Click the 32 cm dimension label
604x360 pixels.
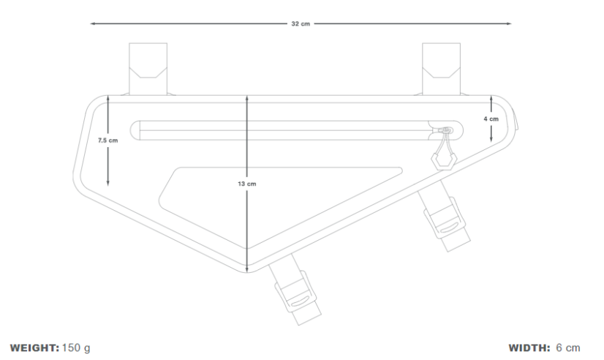[x=301, y=24]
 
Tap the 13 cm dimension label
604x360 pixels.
[x=247, y=184]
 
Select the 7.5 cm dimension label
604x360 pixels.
[x=108, y=140]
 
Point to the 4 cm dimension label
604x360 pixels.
[x=491, y=119]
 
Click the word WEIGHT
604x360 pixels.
[x=34, y=348]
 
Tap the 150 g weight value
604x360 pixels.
[x=76, y=348]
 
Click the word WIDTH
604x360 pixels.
[x=529, y=348]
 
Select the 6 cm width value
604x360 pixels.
[x=568, y=348]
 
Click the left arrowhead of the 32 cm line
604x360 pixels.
[x=92, y=23]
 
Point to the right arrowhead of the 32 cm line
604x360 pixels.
[x=509, y=23]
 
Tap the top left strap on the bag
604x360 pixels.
[x=148, y=69]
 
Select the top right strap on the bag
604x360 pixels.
[x=442, y=69]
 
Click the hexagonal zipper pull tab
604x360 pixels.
[x=444, y=161]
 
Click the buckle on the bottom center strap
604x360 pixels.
[x=296, y=293]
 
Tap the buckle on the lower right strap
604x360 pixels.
[x=445, y=219]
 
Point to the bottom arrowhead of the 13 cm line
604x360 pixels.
[x=247, y=269]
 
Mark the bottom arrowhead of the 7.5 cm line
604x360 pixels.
[x=108, y=183]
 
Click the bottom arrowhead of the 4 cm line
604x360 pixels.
[x=491, y=139]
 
